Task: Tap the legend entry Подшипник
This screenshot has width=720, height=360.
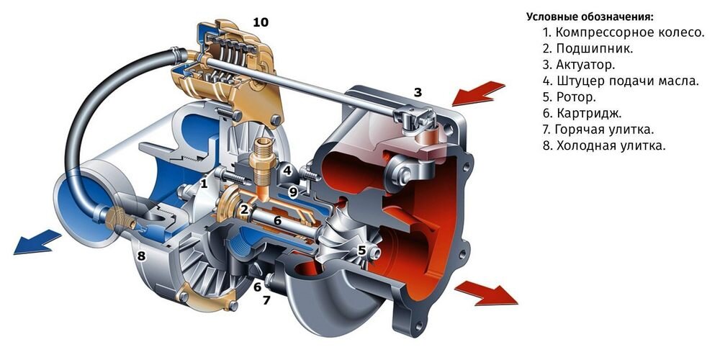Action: pyautogui.click(x=588, y=49)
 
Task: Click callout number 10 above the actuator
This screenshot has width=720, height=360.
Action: pyautogui.click(x=260, y=22)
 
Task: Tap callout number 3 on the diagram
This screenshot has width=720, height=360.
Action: pyautogui.click(x=418, y=91)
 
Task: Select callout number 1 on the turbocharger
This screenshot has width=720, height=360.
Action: pyautogui.click(x=204, y=184)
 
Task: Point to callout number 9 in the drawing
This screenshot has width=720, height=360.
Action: pyautogui.click(x=293, y=192)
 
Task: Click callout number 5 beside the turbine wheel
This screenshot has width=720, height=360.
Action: pyautogui.click(x=362, y=251)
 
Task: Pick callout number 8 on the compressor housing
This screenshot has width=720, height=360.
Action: pyautogui.click(x=142, y=255)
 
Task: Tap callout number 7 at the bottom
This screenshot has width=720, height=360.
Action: pyautogui.click(x=266, y=300)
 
